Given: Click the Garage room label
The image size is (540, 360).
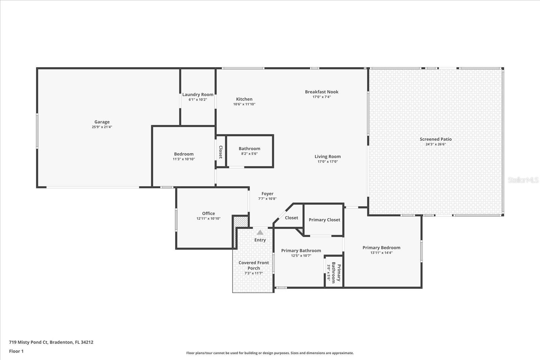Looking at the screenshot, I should tap(102, 122).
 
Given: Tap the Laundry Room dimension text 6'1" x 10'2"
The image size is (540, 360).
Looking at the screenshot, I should tap(198, 100).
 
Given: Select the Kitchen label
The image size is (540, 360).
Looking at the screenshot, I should tap(244, 99).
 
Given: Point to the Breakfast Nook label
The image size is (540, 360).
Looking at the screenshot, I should tap(321, 92).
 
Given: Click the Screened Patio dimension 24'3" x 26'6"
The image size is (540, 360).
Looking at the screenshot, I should tap(436, 144).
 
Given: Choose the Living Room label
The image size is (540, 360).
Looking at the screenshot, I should tap(327, 157).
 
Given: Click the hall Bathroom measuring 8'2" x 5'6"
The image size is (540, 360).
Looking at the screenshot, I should tap(249, 151).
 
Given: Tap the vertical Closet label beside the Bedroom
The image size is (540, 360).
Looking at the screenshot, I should tap(221, 152).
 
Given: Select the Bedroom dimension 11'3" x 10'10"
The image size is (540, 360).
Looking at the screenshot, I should tap(184, 159).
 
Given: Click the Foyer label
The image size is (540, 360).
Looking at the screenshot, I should tap(267, 194).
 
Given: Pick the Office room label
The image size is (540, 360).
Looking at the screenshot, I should tap(208, 213).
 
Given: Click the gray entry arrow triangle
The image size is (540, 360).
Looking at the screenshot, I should tap(260, 232).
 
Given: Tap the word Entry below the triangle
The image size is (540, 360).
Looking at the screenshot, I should tap(260, 240).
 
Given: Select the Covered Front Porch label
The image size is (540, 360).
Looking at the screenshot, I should tap(253, 265).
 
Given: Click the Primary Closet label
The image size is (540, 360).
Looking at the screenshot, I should tap(324, 220).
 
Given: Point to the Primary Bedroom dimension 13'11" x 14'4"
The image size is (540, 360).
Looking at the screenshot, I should tap(381, 253).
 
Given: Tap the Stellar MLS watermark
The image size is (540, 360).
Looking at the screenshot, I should tap(523, 180).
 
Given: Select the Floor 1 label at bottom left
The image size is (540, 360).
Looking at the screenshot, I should tap(16, 351).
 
